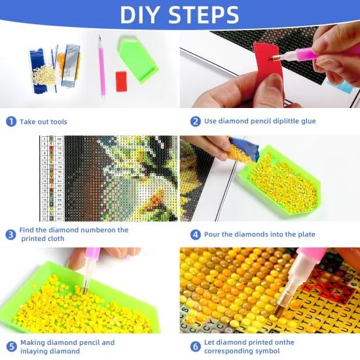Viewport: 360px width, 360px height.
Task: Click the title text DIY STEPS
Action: click(x=180, y=14)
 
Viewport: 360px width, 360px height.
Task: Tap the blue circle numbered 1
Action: click(x=11, y=121)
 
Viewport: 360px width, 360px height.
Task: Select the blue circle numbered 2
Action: click(x=195, y=121)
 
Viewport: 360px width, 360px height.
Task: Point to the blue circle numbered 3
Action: click(x=11, y=234)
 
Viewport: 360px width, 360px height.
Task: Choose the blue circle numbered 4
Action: click(x=195, y=234)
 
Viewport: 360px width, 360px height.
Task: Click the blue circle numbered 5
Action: click(x=11, y=347)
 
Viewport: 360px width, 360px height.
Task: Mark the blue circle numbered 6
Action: click(x=195, y=347)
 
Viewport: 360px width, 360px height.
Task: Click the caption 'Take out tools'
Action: click(x=43, y=122)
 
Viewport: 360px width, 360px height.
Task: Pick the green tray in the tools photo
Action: click(x=139, y=58)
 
